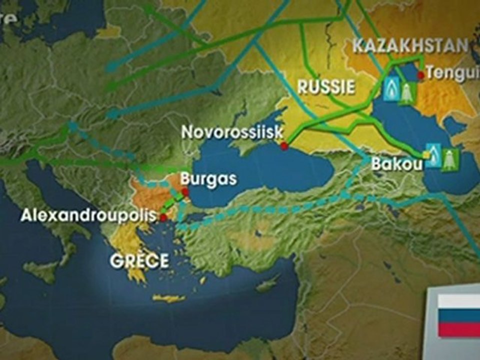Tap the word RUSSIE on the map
(326, 87)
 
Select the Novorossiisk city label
(232, 132)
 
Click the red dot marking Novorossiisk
(284, 146)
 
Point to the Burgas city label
(208, 179)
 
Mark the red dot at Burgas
(185, 191)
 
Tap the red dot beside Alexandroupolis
(163, 217)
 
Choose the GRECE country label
(139, 261)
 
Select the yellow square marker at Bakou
(425, 156)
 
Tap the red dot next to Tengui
(421, 74)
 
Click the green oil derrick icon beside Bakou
(449, 159)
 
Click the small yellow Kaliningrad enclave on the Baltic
(107, 31)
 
